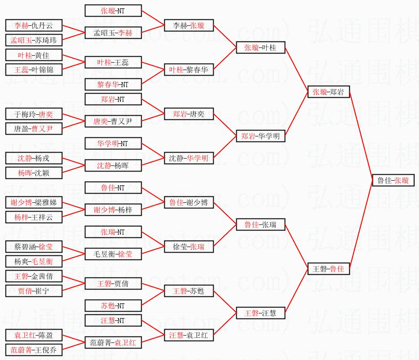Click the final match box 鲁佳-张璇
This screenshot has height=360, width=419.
pos(393,180)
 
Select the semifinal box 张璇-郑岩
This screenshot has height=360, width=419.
pos(329,92)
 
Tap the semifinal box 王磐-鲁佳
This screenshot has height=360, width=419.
pos(329,269)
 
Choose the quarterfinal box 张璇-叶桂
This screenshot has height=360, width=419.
pos(261,47)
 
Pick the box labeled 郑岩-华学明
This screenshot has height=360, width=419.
pos(261,136)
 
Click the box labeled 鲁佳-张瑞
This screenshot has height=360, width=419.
pos(261,224)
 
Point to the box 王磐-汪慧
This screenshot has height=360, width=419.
pos(261,313)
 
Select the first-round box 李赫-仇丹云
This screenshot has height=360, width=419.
pos(34,26)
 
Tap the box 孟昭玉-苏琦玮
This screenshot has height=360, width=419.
pos(34,40)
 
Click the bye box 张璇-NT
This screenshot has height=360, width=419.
pos(113,11)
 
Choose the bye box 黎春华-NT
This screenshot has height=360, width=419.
pos(113,85)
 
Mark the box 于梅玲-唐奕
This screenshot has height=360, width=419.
pos(34,114)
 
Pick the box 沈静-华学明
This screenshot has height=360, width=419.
pos(189,158)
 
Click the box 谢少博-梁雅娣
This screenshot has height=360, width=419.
pos(34,202)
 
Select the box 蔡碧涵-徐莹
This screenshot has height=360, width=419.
pos(34,247)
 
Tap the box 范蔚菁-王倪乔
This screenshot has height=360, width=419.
pos(34,350)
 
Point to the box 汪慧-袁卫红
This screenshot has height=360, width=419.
pos(189,335)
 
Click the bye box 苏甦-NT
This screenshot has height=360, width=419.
pos(113,306)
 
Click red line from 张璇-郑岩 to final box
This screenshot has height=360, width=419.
pos(361,136)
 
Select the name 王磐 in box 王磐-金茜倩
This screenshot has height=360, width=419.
pos(21,276)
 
